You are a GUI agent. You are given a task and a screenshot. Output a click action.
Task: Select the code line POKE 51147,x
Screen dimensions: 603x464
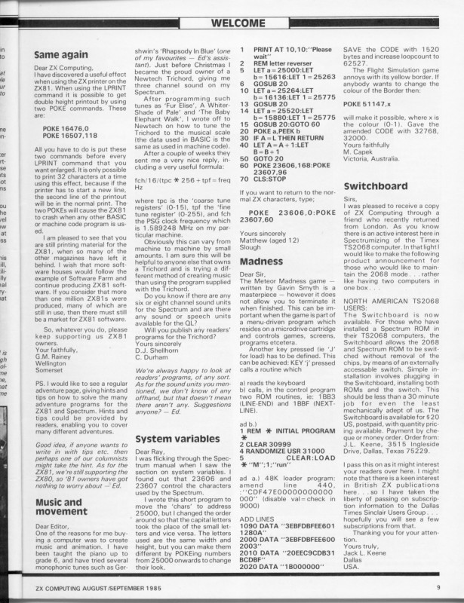click(x=373, y=103)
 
